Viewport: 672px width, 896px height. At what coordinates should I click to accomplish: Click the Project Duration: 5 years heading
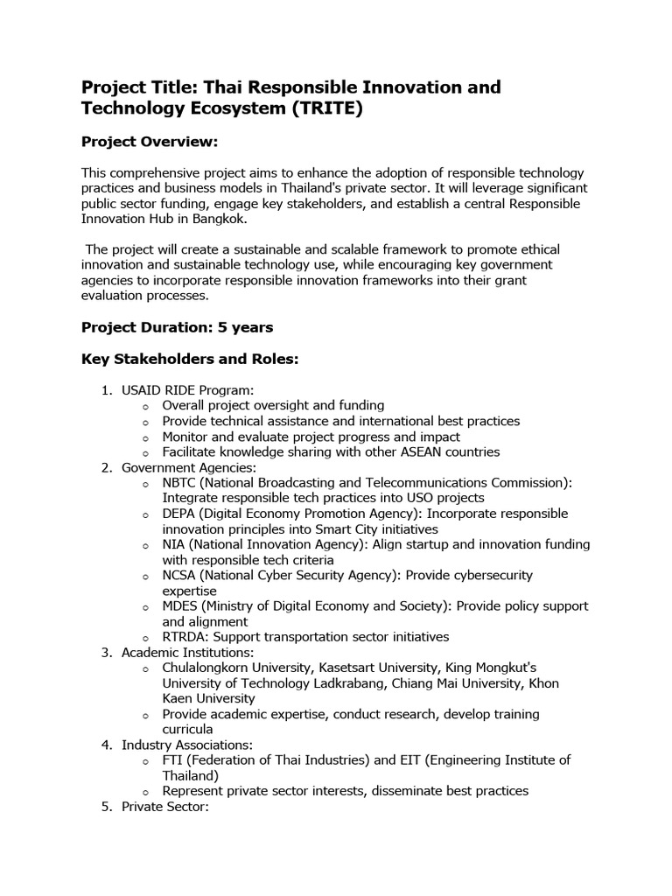[x=177, y=327]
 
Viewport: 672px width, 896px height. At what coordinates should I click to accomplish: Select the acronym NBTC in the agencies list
[x=180, y=482]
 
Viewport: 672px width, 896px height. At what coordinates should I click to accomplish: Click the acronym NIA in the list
[x=173, y=544]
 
